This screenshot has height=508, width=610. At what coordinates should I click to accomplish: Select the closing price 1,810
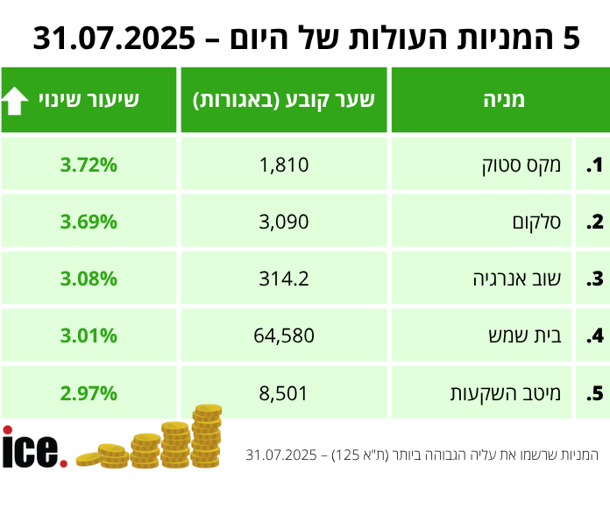(285, 165)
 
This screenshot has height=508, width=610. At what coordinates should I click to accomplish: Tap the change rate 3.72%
(89, 165)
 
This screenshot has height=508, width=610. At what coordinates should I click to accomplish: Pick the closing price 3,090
(285, 222)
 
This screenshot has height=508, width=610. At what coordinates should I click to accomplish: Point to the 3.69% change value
(89, 222)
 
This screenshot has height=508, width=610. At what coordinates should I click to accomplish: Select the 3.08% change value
(89, 279)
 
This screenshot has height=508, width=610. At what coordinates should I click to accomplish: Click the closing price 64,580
(285, 336)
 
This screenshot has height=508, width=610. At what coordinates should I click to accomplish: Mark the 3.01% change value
(89, 336)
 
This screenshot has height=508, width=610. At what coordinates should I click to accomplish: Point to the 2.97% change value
(89, 393)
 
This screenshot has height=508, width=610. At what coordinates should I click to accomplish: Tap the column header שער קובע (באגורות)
(284, 100)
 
